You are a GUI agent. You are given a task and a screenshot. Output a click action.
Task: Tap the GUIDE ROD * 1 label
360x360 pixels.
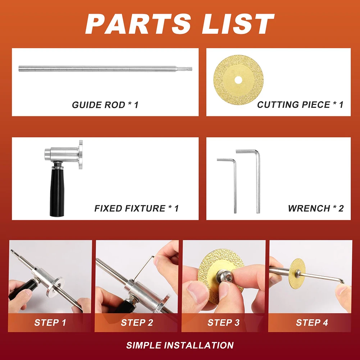[105, 105]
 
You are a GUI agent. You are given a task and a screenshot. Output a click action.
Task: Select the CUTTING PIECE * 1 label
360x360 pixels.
[300, 105]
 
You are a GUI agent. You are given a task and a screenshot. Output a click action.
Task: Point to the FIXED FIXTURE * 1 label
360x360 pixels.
[136, 208]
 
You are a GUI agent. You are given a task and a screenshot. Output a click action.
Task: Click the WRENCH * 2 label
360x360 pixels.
[315, 208]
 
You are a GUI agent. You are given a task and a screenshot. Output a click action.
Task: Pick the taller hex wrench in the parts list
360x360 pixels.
[257, 180]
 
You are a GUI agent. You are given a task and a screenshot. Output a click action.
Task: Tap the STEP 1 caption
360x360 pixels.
[50, 323]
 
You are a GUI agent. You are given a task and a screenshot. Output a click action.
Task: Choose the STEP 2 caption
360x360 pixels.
[137, 323]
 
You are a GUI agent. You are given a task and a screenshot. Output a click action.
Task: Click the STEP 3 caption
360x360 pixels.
[223, 323]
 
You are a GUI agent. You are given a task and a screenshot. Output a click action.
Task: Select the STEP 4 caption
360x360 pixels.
[312, 323]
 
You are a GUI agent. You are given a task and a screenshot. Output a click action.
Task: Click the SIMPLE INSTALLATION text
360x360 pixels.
[180, 345]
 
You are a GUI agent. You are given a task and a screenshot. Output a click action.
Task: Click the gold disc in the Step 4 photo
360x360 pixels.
[297, 273]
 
